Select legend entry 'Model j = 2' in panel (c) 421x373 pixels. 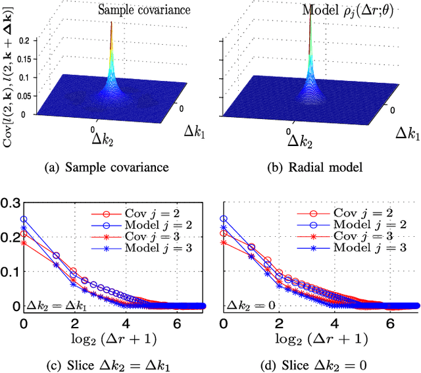coord(152,225)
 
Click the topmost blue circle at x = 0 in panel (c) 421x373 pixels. coord(24,220)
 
